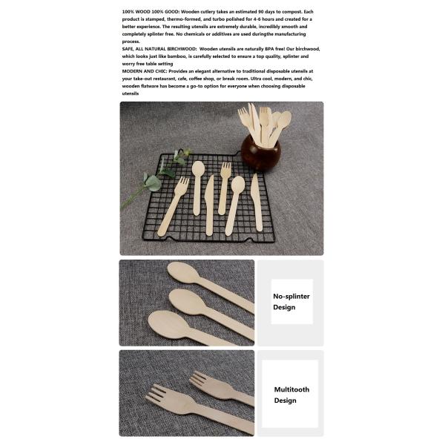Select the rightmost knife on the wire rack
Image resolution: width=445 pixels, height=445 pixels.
[257, 202]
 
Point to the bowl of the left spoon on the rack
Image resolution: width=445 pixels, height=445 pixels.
[198, 168]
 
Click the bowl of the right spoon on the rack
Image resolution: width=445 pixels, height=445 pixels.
[238, 185]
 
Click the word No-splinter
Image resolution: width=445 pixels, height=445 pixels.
[291, 295]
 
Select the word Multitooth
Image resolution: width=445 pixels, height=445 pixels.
[291, 389]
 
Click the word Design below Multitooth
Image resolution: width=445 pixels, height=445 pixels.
[285, 400]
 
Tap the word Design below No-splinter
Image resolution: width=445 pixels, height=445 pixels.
[283, 307]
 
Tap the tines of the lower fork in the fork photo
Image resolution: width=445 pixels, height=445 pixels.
[159, 395]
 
